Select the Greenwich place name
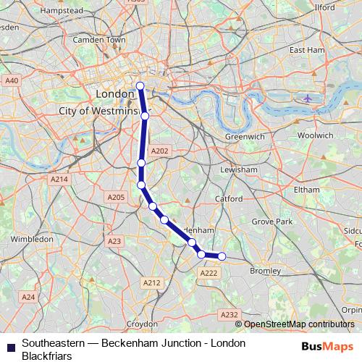click(x=244, y=135)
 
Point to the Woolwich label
click(x=316, y=135)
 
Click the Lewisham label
click(x=239, y=169)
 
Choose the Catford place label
click(x=228, y=198)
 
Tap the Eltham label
click(x=307, y=189)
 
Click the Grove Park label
click(x=271, y=221)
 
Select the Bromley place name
click(x=264, y=270)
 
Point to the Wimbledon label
click(x=32, y=237)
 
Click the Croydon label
click(x=143, y=324)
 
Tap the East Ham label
click(x=307, y=50)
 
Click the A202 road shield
click(x=159, y=151)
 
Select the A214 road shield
click(x=59, y=179)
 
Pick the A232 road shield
click(x=229, y=314)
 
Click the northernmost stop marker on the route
click(x=140, y=86)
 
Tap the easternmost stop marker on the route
click(x=222, y=256)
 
